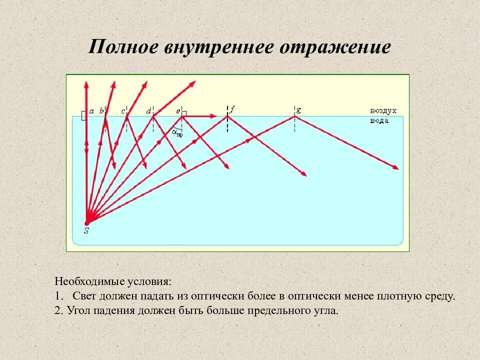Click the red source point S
click(x=86, y=223)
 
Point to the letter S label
click(x=86, y=231)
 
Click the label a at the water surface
click(x=91, y=111)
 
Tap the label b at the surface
click(x=101, y=111)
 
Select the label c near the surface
click(x=123, y=111)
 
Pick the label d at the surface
click(x=148, y=111)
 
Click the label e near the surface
click(x=177, y=111)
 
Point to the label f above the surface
click(x=232, y=108)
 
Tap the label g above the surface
click(x=298, y=109)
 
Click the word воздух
click(x=383, y=110)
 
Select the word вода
click(x=379, y=120)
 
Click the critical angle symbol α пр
click(x=177, y=132)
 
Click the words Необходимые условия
click(x=112, y=281)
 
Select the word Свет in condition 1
click(x=83, y=296)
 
